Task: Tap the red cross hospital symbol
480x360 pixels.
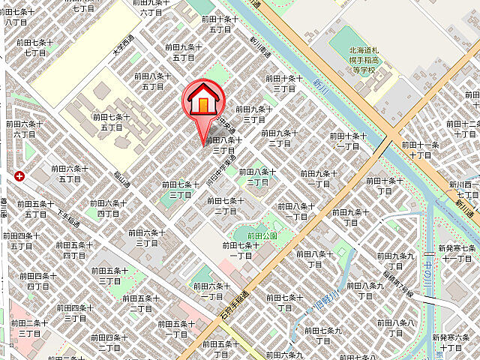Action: click(x=19, y=176)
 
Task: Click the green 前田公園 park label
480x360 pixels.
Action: click(x=244, y=235)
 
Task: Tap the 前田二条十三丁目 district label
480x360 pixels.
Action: click(x=29, y=328)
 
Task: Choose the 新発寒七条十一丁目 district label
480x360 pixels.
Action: click(x=457, y=253)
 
